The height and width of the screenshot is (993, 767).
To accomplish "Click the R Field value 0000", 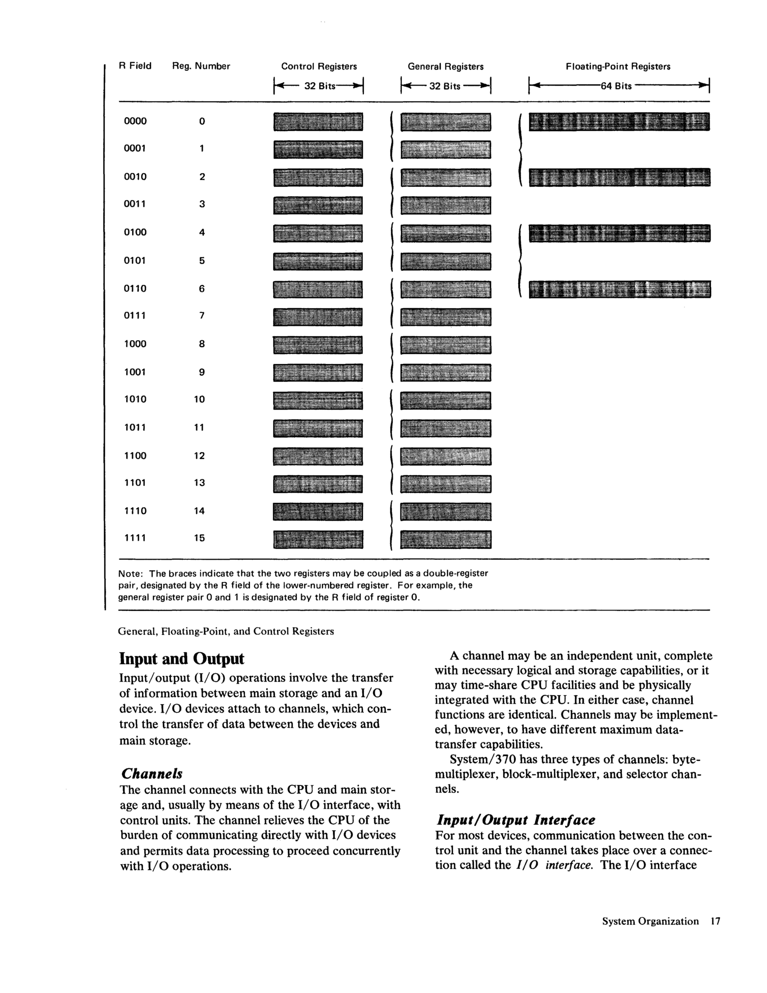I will [x=135, y=121].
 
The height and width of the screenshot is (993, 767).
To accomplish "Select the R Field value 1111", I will [x=135, y=538].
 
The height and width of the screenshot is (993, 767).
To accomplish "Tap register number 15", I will [x=199, y=538].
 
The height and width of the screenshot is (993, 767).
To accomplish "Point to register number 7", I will [x=201, y=316].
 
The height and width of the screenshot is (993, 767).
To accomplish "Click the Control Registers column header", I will [x=319, y=66].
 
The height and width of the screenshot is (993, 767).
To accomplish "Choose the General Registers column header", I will [x=445, y=66].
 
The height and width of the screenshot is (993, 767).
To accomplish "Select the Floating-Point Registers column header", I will [x=618, y=66].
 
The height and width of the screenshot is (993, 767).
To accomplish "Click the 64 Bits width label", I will [x=616, y=86].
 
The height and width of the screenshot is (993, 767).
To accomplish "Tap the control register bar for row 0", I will [x=318, y=122].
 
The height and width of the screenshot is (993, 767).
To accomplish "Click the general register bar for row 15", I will [x=445, y=540].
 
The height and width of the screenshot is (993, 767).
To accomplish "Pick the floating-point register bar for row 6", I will [x=619, y=289].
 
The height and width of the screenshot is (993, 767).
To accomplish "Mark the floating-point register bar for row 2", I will [x=619, y=177].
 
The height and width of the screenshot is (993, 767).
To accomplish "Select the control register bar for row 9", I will [x=318, y=373].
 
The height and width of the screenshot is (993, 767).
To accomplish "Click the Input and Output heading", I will [x=181, y=659].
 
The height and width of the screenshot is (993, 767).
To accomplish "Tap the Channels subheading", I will [x=152, y=773].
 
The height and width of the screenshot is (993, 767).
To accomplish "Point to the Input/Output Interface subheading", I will [x=515, y=820].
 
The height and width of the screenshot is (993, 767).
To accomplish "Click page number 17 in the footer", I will [x=715, y=921].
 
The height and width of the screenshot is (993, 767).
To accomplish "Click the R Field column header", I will [x=135, y=66].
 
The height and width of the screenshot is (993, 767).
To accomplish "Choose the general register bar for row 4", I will [x=445, y=233].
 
